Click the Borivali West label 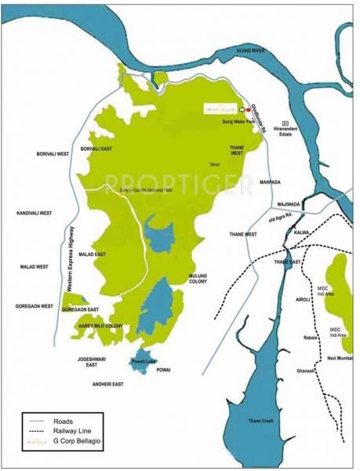[54, 154]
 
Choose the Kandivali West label [33, 213]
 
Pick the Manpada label [269, 181]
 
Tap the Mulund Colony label [200, 280]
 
